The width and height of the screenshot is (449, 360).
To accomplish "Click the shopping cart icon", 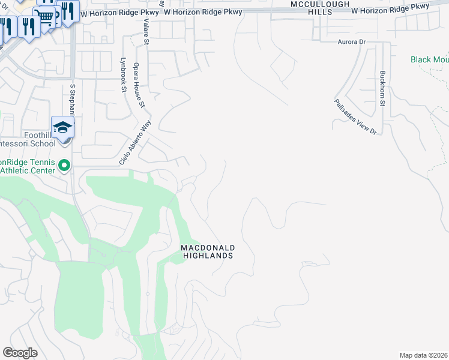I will [x=44, y=16].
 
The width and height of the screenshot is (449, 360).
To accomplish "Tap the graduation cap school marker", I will [x=62, y=127].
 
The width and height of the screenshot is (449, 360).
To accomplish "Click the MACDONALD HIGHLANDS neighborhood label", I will [x=208, y=251].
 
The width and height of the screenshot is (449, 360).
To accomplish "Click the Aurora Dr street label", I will [x=352, y=42].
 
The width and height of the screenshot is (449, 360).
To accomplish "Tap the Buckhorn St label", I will [x=382, y=89].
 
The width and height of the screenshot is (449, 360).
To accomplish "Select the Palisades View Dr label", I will [x=355, y=116].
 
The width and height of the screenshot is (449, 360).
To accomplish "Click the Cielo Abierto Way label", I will [x=134, y=143].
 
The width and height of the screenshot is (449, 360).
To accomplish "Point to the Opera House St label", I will [x=139, y=85].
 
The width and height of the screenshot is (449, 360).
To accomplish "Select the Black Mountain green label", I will [x=429, y=59].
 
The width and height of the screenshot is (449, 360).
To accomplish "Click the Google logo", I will [x=20, y=353].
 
